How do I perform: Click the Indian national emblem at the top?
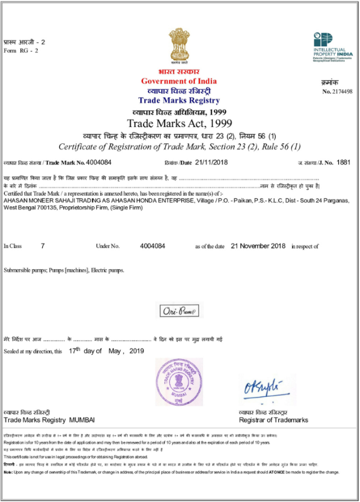point(179,47)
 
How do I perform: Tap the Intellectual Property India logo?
point(332,47)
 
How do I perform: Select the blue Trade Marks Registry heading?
point(179,101)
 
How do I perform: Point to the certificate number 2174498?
point(342,91)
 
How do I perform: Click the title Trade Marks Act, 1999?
point(179,123)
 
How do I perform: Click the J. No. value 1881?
point(343,162)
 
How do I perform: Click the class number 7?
point(43,246)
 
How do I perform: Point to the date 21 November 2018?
point(258,246)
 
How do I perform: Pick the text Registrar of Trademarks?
point(273,420)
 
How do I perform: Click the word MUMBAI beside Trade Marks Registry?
point(82,420)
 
